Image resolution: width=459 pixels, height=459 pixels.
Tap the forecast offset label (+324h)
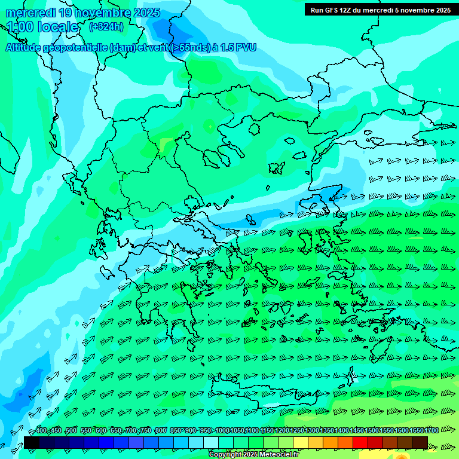point(106,26)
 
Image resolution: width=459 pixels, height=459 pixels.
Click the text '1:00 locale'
point(42,27)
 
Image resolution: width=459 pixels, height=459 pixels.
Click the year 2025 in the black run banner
point(440,10)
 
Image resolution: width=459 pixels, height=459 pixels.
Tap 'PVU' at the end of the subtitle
point(245,47)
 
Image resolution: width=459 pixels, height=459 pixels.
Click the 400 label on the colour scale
point(41,430)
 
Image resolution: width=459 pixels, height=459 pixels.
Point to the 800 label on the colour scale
point(160,430)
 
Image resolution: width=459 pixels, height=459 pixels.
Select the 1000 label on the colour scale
point(222,430)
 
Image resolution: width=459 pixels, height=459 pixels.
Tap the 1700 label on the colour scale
point(431,430)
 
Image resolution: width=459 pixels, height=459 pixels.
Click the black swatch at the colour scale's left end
point(32,442)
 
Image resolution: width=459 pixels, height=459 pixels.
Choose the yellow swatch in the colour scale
point(301,442)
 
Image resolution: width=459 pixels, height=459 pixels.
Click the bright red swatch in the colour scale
point(360,442)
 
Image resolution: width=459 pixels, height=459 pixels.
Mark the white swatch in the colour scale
point(211,442)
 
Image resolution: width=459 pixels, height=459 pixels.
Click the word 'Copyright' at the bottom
point(225,455)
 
